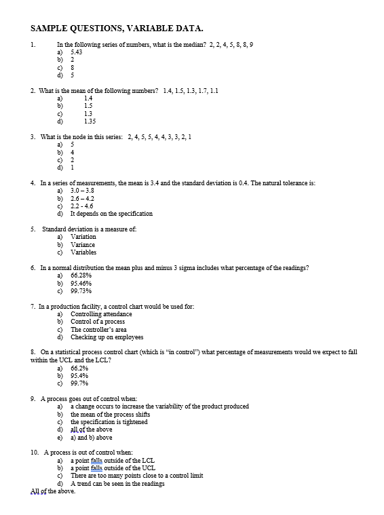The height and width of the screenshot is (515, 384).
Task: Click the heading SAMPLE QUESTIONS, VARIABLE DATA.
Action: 117,28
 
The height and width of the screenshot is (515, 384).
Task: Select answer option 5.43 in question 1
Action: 77,52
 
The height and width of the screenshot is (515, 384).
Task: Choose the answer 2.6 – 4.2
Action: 82,198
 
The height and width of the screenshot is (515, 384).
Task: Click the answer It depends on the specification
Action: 111,214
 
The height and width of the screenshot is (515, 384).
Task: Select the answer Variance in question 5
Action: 83,244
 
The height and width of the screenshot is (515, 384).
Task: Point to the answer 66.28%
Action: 81,275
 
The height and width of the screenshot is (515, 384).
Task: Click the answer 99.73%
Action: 81,291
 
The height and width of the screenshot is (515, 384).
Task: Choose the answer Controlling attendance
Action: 101,314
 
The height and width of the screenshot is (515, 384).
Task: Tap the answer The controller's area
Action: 98,329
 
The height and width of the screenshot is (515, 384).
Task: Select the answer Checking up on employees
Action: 107,337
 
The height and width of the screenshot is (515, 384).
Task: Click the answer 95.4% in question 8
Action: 79,375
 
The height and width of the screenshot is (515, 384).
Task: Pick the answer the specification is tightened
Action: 109,422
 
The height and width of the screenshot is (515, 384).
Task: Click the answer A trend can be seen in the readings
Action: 117,483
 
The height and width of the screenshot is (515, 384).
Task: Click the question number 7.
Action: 33,306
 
